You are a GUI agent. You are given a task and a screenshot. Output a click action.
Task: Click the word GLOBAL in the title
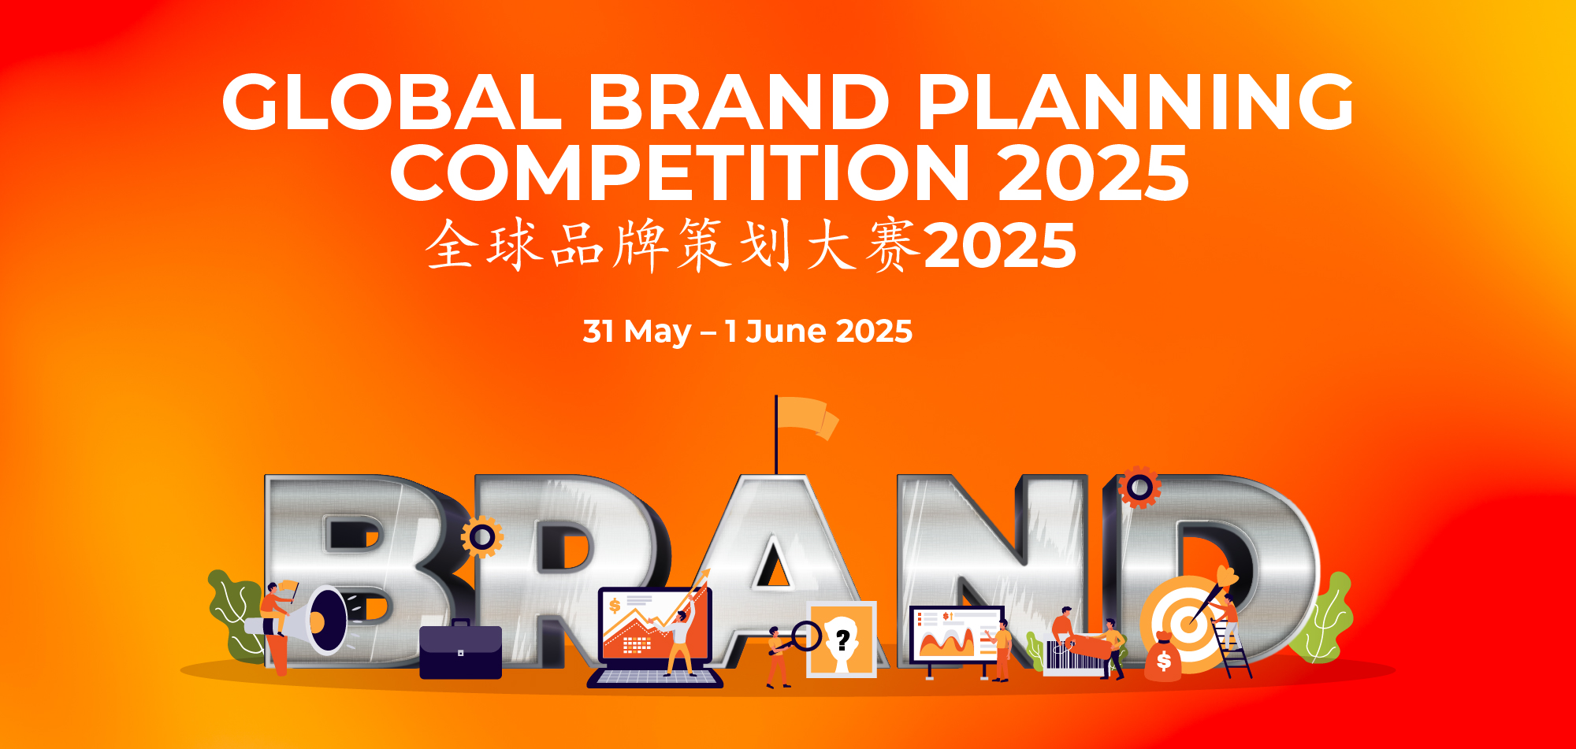(x=391, y=102)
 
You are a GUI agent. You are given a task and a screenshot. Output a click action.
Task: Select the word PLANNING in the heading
(x=1136, y=102)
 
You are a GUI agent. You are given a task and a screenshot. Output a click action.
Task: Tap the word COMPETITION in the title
(x=679, y=172)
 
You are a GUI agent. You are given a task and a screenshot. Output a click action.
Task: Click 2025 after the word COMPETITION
(x=1093, y=172)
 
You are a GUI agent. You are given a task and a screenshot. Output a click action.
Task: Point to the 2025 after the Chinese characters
(x=1000, y=245)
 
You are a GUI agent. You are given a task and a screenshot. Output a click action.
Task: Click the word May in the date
(x=657, y=332)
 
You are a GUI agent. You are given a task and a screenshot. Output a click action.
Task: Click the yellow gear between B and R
(x=482, y=538)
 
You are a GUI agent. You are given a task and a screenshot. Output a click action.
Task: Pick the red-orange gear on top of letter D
(x=1139, y=488)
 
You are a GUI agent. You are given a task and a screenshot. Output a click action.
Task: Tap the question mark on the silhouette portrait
(x=843, y=640)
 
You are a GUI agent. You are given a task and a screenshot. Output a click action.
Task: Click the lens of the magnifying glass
(x=806, y=636)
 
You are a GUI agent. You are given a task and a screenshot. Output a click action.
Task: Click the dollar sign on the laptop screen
(x=615, y=606)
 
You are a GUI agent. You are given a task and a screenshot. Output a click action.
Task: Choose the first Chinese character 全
(x=452, y=245)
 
